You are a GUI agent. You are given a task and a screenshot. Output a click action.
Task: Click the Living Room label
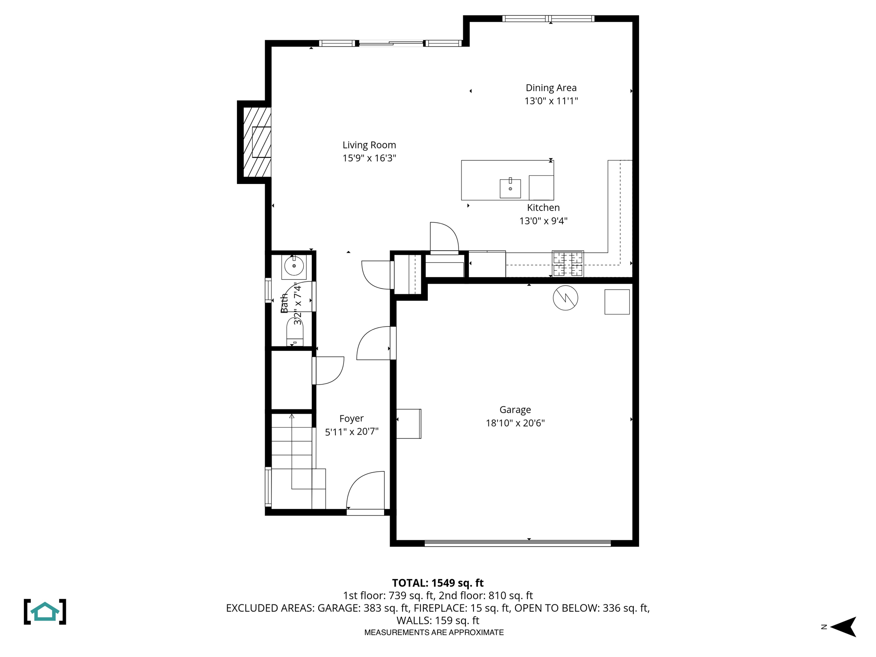click(369, 145)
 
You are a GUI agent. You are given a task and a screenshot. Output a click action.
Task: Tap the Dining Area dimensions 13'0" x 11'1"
click(551, 101)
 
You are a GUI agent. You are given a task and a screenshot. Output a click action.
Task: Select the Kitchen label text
click(543, 208)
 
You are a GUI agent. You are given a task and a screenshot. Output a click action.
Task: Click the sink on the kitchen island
click(510, 189)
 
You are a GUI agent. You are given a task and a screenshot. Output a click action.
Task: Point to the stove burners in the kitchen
click(568, 264)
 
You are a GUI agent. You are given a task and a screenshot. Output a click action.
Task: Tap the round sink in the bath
click(294, 266)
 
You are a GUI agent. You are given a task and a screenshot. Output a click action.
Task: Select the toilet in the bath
click(295, 331)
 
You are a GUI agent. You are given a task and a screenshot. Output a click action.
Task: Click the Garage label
click(515, 410)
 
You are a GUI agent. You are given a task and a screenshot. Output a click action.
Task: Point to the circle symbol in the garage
click(565, 298)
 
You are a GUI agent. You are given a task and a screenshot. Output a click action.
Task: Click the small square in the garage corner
click(617, 302)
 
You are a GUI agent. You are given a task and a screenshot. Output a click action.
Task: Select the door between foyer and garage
click(374, 343)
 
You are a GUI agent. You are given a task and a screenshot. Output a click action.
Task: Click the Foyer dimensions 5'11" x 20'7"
click(352, 432)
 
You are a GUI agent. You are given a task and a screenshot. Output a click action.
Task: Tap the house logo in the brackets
click(45, 612)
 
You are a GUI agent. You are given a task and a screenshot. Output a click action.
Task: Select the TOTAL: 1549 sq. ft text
click(438, 583)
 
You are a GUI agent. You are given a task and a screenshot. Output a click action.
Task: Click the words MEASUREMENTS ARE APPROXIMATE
click(434, 633)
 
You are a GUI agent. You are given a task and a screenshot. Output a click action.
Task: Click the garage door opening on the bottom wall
click(518, 543)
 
